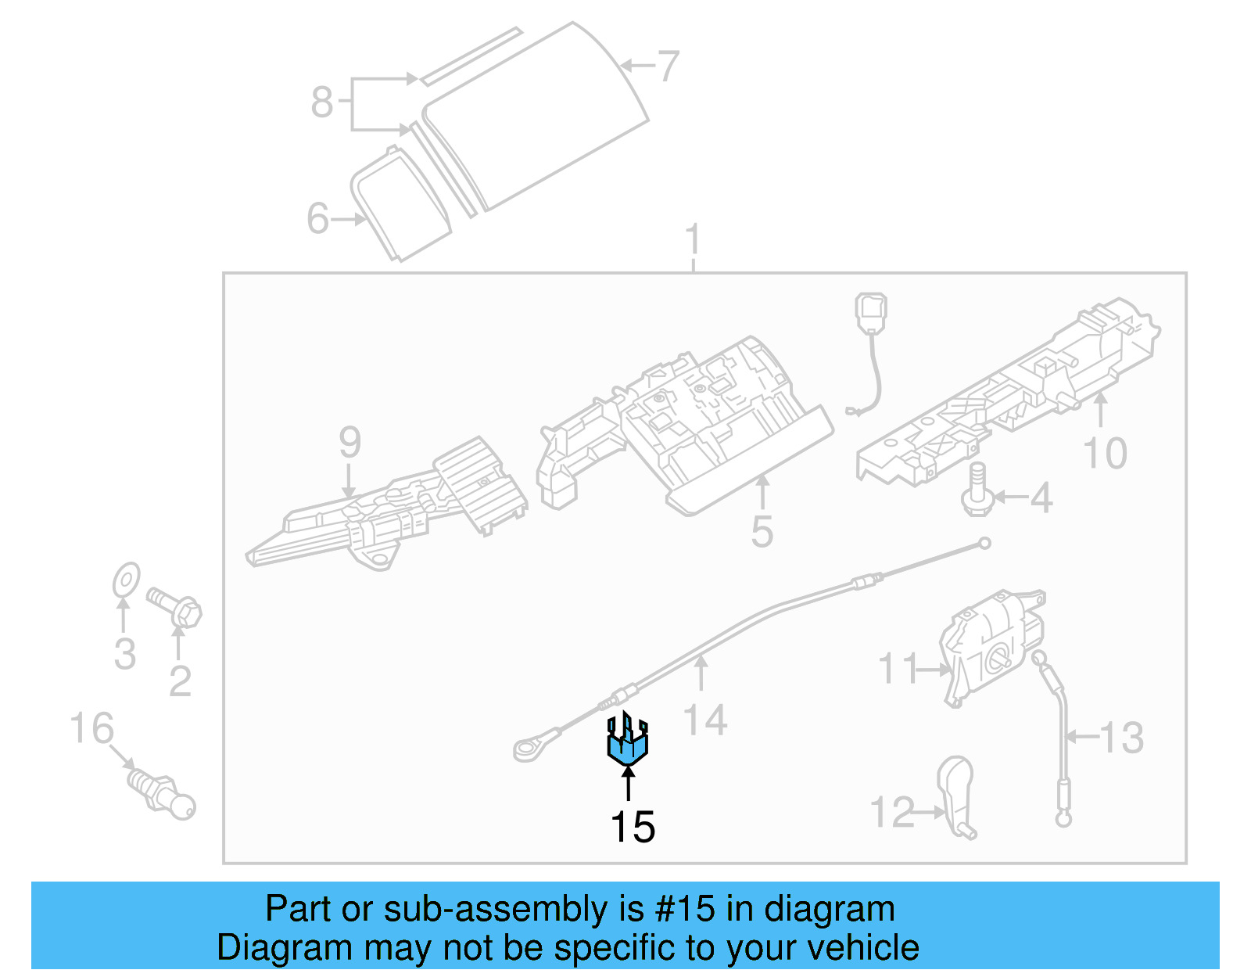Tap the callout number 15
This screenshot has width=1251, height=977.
pos(632,827)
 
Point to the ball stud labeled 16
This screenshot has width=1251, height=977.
pos(162,792)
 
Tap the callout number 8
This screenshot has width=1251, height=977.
pos(322,102)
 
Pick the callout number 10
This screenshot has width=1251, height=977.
pos(1105,454)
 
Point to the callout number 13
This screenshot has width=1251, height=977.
pos(1122,738)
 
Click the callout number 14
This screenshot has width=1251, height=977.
pos(705,720)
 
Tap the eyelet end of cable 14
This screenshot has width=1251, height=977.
pos(527,749)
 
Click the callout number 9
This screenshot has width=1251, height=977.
pos(349,443)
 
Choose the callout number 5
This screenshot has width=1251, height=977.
pos(762,532)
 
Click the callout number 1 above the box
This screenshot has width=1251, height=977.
pos(693,240)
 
